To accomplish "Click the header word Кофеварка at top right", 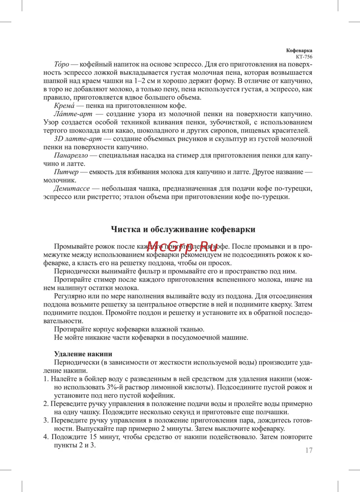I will click(x=299, y=51).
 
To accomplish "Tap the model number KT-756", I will click(x=304, y=57).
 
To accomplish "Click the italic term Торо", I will click(x=61, y=64).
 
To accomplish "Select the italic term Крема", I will click(x=64, y=106).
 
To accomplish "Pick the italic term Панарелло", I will click(x=71, y=155).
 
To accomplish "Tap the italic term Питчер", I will click(x=66, y=172).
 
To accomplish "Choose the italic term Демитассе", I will click(x=72, y=188).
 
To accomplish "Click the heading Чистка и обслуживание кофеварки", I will click(x=183, y=229).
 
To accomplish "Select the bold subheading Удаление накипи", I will click(x=83, y=354).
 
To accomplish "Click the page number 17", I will click(x=309, y=450).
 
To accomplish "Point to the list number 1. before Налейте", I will click(x=46, y=379).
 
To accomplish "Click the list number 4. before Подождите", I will click(x=46, y=437).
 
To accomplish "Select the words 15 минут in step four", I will click(x=88, y=437).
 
